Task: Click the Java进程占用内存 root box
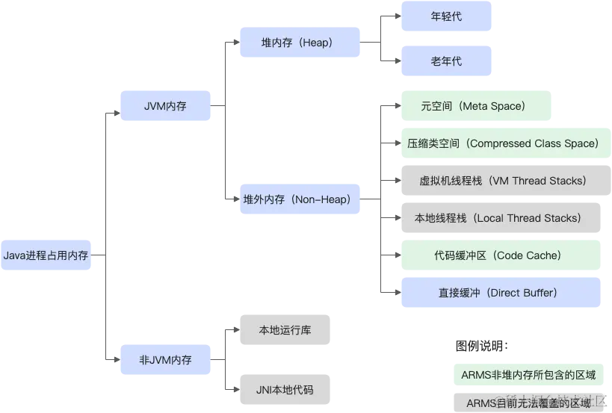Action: pyautogui.click(x=46, y=255)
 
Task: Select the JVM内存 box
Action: pyautogui.click(x=165, y=106)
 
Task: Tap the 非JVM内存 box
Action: pyautogui.click(x=165, y=359)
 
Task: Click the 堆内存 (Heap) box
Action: pyautogui.click(x=300, y=43)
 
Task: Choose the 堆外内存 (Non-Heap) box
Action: pyautogui.click(x=300, y=199)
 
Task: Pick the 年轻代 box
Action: pyautogui.click(x=447, y=16)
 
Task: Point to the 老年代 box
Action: pyautogui.click(x=447, y=60)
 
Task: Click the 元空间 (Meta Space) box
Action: pyautogui.click(x=477, y=106)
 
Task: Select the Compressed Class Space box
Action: pyautogui.click(x=502, y=143)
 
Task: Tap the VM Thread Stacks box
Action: pyautogui.click(x=502, y=181)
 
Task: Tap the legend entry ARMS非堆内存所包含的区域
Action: pyautogui.click(x=528, y=375)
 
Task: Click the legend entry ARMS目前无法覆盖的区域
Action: pyautogui.click(x=528, y=403)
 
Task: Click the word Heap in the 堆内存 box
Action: pyautogui.click(x=315, y=43)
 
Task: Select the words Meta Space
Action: pyautogui.click(x=493, y=106)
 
